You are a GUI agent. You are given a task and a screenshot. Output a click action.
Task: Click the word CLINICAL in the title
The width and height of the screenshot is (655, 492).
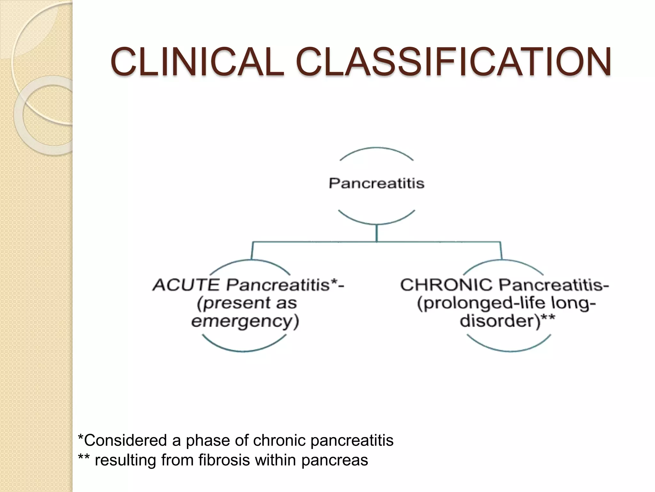point(197,61)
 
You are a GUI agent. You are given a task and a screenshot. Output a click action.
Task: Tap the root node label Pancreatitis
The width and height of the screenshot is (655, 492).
point(376,184)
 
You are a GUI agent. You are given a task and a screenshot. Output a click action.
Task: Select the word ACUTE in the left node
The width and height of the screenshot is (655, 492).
point(186,285)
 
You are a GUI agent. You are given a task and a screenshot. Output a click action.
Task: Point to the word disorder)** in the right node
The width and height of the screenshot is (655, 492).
point(507,321)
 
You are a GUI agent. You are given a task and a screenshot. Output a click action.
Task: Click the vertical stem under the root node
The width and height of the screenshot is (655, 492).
point(377,233)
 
